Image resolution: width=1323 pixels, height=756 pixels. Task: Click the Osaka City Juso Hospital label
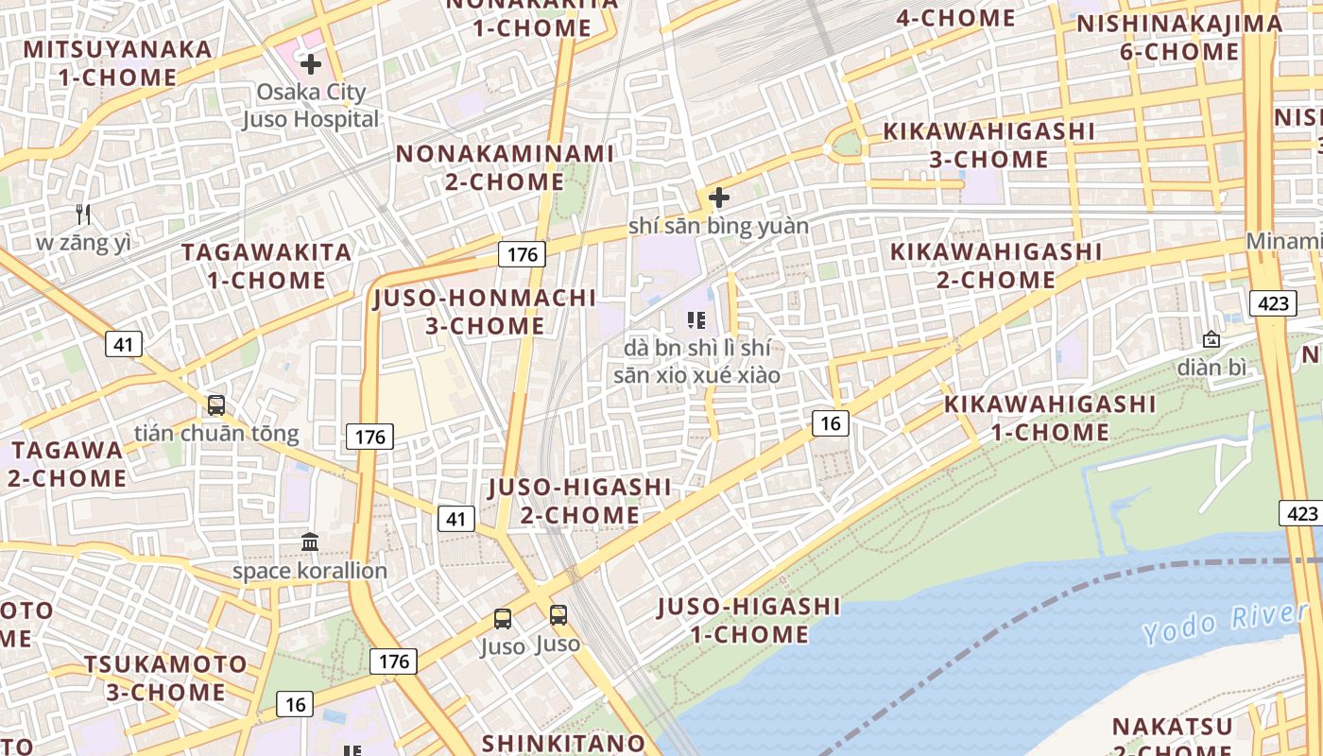pos(311,106)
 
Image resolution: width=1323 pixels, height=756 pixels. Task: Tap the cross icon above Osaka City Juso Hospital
pos(311,64)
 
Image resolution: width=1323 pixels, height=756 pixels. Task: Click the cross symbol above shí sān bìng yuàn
pos(719,198)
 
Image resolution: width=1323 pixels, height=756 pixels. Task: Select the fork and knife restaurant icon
pos(83,215)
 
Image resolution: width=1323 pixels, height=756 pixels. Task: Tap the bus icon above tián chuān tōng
pos(216,405)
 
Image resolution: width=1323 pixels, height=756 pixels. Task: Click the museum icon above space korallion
pos(310,542)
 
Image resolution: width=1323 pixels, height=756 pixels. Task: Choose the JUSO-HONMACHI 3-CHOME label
pos(486,312)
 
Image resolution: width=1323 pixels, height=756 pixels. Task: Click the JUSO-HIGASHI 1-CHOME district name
pos(748,620)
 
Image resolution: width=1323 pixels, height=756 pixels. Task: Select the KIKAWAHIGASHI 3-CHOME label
pos(988,145)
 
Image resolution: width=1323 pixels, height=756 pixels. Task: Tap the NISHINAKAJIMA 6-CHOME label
pos(1179,37)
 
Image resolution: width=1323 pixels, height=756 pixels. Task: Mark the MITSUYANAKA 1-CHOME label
pos(118,62)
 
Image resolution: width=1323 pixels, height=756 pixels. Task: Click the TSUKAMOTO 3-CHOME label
pos(165,678)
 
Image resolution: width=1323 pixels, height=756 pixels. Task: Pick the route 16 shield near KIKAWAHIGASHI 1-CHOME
pos(830,422)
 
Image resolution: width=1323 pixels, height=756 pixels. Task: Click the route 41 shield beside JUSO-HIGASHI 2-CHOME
pos(455,518)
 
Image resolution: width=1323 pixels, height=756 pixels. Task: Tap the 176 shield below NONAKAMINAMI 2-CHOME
pos(522,253)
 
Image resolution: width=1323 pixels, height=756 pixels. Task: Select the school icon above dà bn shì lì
pos(697,320)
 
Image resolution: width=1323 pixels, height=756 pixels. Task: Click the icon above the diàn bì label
pos(1211,339)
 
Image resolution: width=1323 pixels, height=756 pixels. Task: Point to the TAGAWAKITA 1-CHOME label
pos(266,266)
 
